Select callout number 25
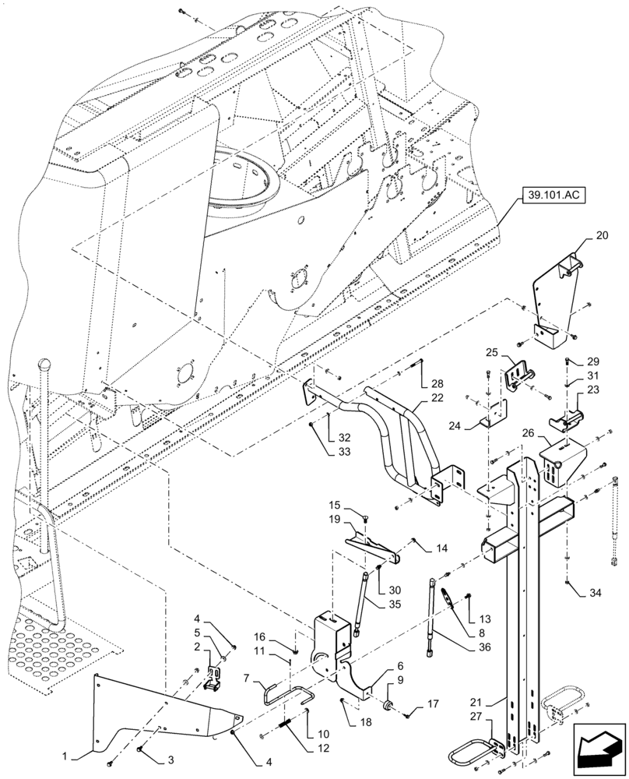click(491, 353)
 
